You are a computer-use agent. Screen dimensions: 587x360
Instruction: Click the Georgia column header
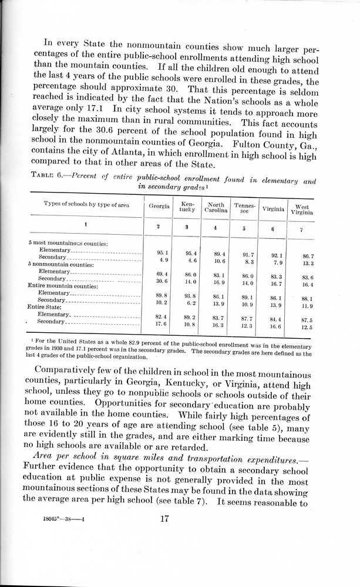pos(159,207)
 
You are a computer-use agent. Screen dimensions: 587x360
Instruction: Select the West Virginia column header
pos(302,210)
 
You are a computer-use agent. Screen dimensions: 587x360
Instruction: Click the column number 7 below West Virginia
pos(301,230)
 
